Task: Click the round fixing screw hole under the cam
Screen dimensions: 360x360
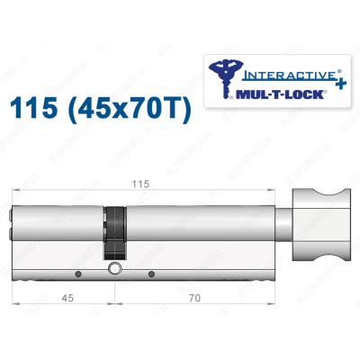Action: [x=114, y=270]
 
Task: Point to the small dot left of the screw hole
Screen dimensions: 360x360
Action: [x=79, y=274]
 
